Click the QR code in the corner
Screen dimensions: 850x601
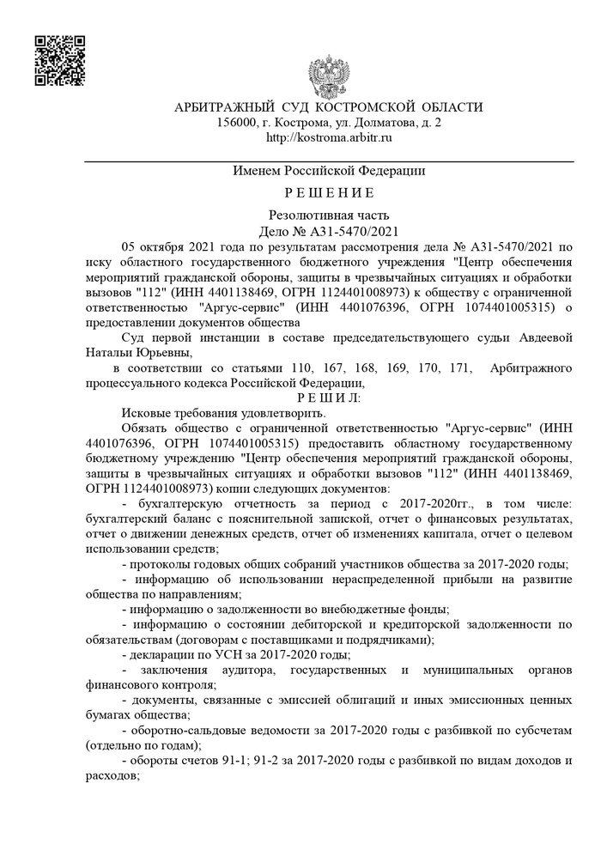tap(58, 60)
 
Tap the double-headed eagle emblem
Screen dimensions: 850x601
tap(328, 77)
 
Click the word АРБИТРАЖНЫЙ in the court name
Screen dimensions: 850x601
tap(224, 107)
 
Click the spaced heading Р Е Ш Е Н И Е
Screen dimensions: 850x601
tap(329, 192)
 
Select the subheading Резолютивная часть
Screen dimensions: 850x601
tap(329, 215)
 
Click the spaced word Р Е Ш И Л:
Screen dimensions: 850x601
tap(329, 398)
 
